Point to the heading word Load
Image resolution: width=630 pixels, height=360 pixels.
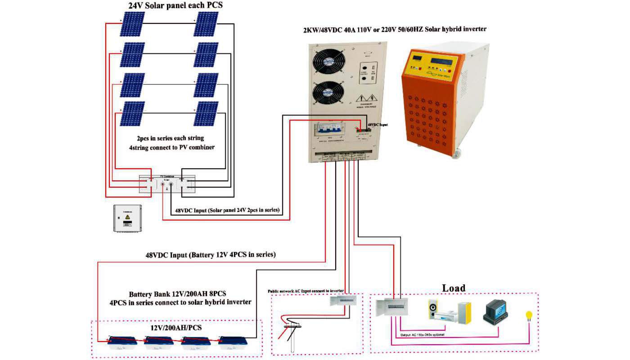454,288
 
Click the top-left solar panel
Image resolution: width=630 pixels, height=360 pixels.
132,24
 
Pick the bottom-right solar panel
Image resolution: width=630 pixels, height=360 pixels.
206,113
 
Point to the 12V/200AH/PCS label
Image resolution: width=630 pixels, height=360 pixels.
175,328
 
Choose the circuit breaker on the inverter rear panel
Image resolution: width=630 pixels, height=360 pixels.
334,131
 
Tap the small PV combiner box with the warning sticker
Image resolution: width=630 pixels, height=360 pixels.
127,218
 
